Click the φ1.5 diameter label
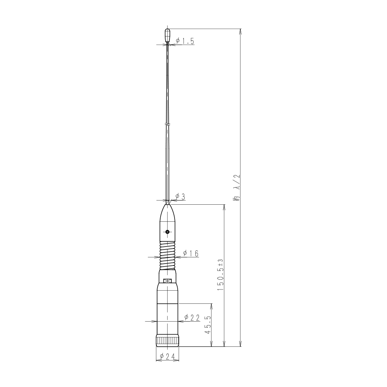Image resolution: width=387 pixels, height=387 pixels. (185, 41)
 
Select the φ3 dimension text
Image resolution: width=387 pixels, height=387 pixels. (180, 197)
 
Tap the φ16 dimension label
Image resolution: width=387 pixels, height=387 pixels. (190, 253)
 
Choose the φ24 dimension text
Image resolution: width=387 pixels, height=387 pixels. (168, 357)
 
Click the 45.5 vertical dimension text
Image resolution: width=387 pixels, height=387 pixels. (208, 325)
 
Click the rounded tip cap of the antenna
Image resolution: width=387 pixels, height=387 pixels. (168, 34)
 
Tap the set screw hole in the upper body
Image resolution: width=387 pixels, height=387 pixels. (167, 232)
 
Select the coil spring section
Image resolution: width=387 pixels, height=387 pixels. (167, 256)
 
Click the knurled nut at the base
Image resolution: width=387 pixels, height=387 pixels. (168, 341)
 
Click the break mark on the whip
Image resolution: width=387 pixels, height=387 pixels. (167, 124)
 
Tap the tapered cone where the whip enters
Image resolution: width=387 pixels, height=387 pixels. (167, 213)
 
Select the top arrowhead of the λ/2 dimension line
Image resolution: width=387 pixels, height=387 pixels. (241, 31)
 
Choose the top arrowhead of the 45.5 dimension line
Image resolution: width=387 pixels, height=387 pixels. (211, 305)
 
